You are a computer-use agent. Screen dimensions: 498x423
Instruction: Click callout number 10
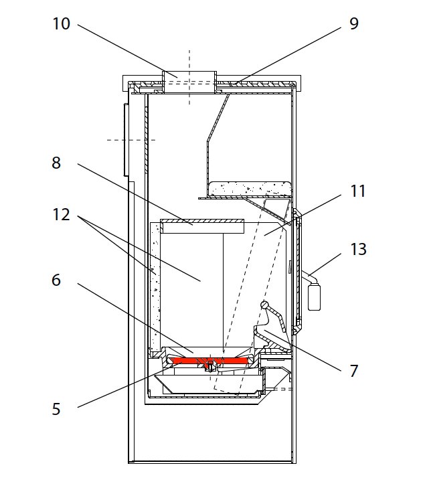tap(61, 24)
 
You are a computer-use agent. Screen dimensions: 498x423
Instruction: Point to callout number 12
tap(61, 215)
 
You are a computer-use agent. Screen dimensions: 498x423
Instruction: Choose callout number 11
tap(358, 191)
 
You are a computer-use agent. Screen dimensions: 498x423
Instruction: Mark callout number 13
tap(358, 249)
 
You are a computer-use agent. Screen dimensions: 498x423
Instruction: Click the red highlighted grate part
tap(207, 361)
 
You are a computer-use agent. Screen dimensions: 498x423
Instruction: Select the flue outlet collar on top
tap(189, 75)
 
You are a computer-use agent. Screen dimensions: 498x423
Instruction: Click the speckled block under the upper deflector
tap(248, 189)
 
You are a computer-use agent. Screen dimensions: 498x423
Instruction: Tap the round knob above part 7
tap(265, 305)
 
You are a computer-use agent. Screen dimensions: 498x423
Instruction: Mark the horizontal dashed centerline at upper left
tap(131, 140)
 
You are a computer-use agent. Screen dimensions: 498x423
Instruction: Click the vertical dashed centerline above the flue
tap(189, 60)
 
